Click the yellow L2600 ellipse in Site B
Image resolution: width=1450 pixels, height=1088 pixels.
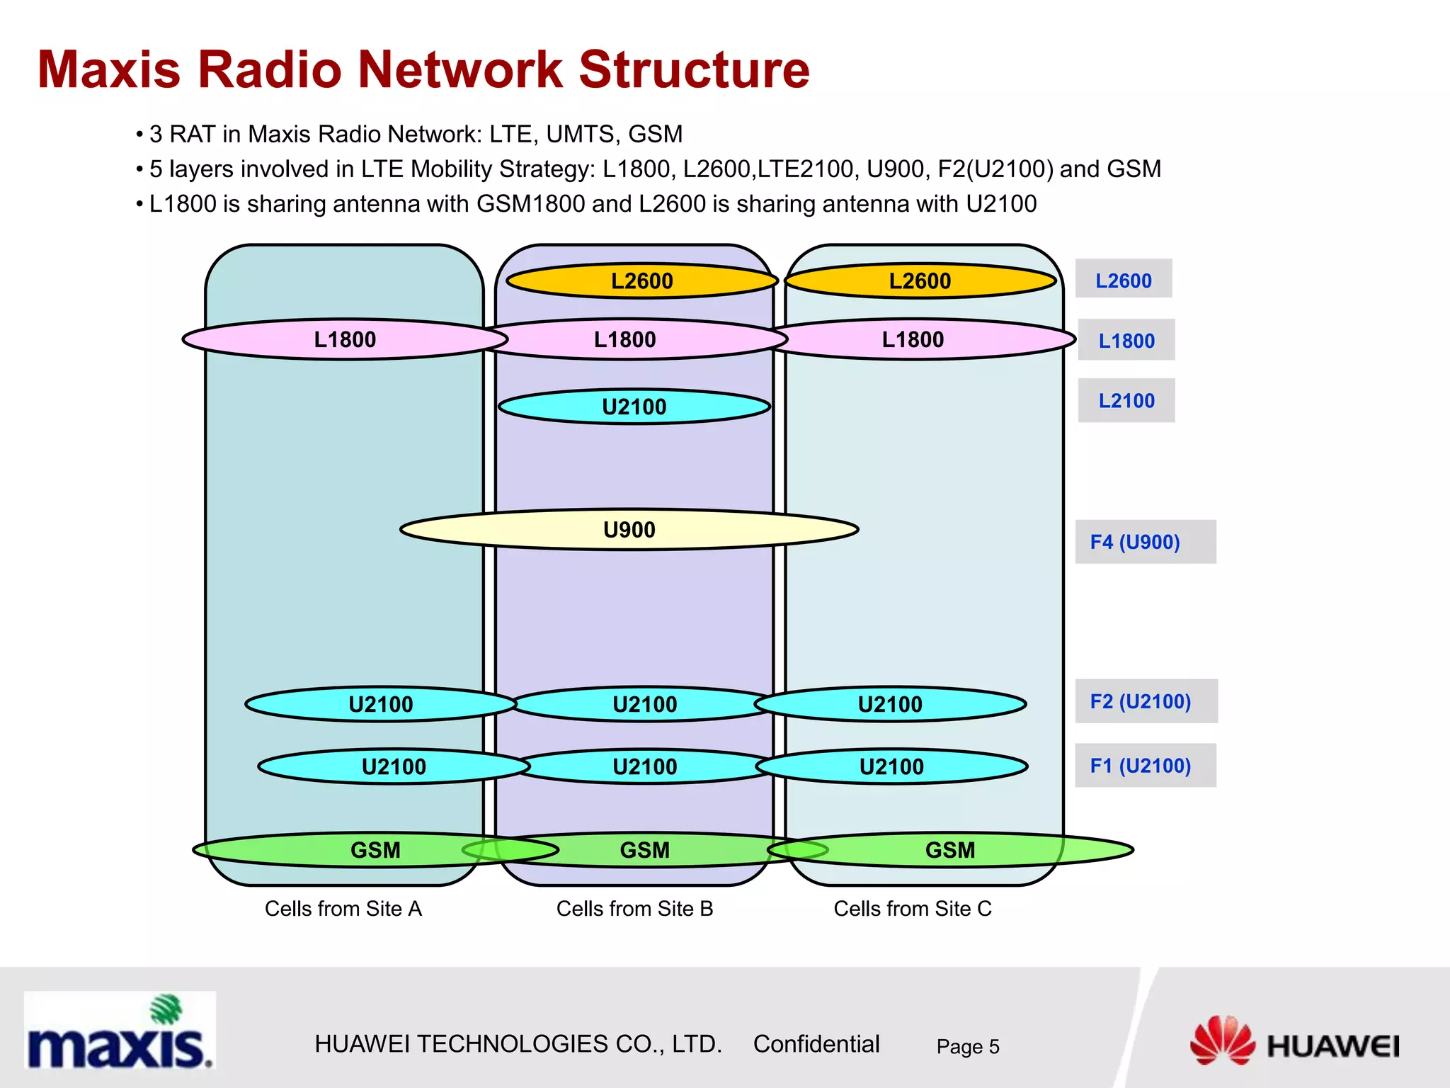[x=642, y=281]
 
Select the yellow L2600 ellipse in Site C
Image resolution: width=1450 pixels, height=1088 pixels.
[x=920, y=281]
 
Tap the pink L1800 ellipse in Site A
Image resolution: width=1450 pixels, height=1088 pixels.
[x=345, y=339]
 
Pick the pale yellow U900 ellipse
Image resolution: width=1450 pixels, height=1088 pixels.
[x=629, y=529]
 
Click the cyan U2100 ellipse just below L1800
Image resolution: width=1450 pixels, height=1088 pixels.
[x=634, y=407]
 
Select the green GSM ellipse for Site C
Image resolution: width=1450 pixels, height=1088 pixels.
[x=950, y=849]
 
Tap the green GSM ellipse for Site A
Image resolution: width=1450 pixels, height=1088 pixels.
[x=375, y=849]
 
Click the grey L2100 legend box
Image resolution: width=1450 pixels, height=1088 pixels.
[x=1126, y=401]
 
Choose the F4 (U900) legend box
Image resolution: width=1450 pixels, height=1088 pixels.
[x=1145, y=542]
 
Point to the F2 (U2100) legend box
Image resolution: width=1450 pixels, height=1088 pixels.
[x=1146, y=701]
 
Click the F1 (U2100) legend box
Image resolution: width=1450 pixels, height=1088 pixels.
[x=1145, y=766]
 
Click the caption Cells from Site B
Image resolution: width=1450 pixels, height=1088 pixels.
[x=634, y=909]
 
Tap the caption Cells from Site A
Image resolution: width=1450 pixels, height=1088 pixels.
[x=343, y=909]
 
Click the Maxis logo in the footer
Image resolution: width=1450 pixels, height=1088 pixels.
[x=119, y=1031]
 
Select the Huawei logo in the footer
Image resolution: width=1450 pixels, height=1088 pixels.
[x=1295, y=1042]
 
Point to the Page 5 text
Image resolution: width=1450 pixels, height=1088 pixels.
[x=967, y=1046]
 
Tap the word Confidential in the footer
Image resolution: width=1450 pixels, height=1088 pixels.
[x=816, y=1044]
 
